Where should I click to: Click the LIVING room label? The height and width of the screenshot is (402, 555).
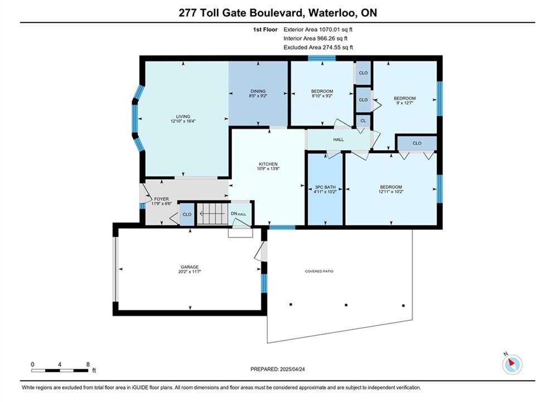pos(183,117)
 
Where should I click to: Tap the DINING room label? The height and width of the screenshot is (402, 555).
pos(258,91)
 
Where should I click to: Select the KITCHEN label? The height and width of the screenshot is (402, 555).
pos(268,164)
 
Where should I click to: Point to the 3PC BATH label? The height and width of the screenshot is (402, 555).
pos(325,187)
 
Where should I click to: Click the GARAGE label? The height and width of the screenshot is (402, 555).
pos(190,267)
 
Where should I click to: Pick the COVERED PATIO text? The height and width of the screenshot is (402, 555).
pos(319,271)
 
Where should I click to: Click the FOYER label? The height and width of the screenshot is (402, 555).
pos(161,199)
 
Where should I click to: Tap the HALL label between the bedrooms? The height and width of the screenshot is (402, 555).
pos(339,140)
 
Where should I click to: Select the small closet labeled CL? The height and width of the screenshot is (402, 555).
pos(363,121)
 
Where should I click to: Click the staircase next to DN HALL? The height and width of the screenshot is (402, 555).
pos(211,214)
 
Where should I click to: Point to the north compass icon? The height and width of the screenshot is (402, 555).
pos(512,363)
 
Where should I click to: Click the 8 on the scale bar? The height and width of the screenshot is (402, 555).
pos(88,364)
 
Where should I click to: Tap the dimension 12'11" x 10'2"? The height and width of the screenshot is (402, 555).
pos(391,192)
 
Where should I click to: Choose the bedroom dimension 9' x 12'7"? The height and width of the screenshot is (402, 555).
pos(404,103)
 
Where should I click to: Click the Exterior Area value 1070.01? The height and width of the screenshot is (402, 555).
pos(330,30)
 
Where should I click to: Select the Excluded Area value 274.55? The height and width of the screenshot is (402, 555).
pos(330,47)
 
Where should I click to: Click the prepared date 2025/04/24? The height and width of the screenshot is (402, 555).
pos(292,369)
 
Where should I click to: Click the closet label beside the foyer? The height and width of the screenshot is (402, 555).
pos(187,214)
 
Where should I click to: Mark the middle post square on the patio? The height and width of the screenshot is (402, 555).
pos(346,305)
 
